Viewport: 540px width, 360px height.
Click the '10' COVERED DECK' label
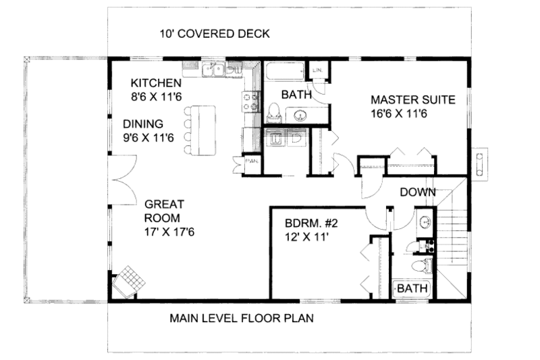(215, 34)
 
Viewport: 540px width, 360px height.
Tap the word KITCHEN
(156, 83)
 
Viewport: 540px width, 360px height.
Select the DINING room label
(143, 124)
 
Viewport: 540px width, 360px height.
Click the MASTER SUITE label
(413, 100)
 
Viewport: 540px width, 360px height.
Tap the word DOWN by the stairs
(417, 192)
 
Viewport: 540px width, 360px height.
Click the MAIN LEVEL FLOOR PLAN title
(241, 317)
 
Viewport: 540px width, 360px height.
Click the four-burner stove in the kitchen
(251, 101)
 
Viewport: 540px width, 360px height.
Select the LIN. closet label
(317, 70)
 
